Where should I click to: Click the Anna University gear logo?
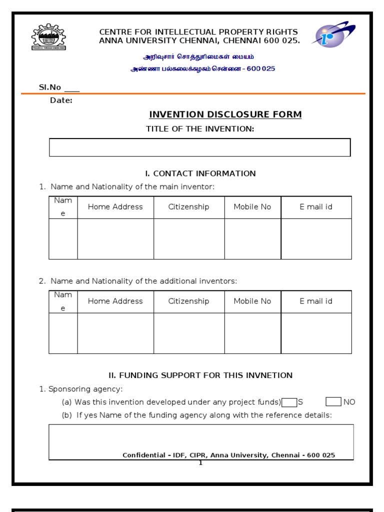tap(48, 37)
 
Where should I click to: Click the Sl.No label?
tap(50, 87)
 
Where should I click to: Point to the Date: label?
tap(61, 100)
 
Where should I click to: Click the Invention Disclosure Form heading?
tap(225, 114)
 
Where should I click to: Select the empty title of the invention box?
tap(199, 147)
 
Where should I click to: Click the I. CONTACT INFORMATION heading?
tap(200, 173)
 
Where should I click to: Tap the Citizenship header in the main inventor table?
tap(188, 207)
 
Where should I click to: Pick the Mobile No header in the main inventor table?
tap(252, 207)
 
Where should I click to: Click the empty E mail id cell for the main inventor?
tap(316, 238)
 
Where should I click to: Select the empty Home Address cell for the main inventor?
tap(115, 238)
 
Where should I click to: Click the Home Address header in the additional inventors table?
tap(115, 301)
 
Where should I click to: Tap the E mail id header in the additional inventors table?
tap(316, 301)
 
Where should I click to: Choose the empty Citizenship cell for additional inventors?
tap(188, 333)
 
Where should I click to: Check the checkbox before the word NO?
tap(333, 402)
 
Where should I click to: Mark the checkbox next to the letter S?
tap(289, 402)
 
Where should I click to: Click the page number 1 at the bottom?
tap(200, 463)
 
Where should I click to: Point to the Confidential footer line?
tap(228, 455)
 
